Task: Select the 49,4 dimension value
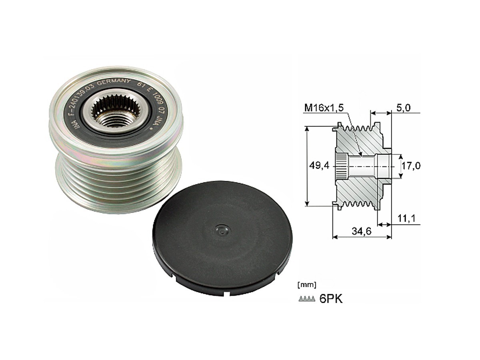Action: (319, 166)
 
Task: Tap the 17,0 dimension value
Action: (411, 166)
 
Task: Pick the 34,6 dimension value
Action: (362, 231)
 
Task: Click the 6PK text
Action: (331, 299)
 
